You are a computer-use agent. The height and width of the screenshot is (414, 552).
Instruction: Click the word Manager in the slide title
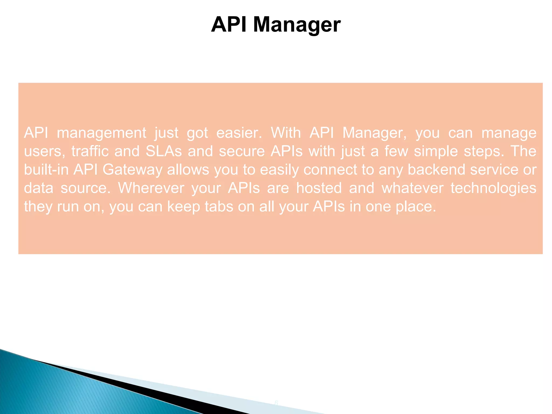click(297, 25)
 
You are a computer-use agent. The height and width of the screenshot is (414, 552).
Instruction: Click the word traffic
click(90, 151)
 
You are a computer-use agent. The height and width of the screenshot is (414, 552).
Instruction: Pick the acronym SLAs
click(164, 151)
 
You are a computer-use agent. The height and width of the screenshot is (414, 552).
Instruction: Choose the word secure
click(242, 151)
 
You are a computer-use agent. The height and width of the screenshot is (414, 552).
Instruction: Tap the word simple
click(436, 151)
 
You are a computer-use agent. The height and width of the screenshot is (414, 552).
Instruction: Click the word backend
click(436, 170)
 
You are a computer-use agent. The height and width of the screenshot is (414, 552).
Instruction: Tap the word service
click(494, 170)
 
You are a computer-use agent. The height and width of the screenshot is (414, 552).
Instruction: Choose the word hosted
click(319, 188)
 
